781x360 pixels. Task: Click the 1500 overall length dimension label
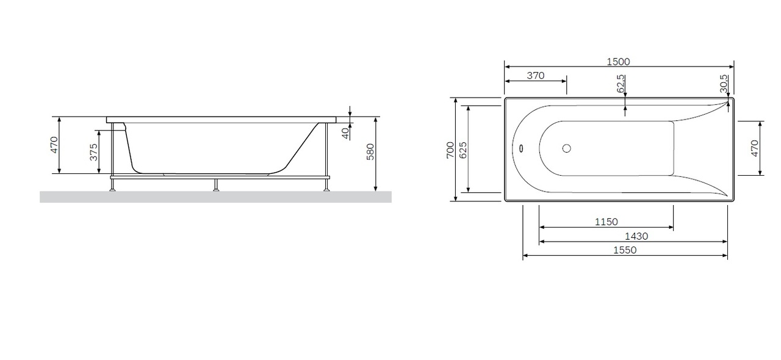tap(618, 62)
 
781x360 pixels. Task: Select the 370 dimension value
tap(536, 76)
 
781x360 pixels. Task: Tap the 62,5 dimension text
tap(621, 84)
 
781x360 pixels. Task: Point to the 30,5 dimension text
tap(724, 84)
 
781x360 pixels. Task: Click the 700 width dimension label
tap(450, 150)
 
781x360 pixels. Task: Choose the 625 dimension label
tap(463, 150)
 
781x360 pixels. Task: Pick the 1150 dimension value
tap(606, 222)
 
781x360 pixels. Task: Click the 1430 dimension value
tap(636, 237)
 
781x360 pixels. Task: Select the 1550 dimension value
tap(625, 250)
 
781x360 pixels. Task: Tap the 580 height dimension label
tap(370, 152)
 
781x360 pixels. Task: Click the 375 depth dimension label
tap(94, 152)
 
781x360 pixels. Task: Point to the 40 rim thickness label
tap(345, 133)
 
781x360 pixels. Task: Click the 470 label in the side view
tap(54, 145)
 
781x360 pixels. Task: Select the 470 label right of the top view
tap(755, 148)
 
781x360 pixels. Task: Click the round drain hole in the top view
tap(567, 149)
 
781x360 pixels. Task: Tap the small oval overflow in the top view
tap(521, 149)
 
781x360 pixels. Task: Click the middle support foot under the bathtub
tap(216, 185)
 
